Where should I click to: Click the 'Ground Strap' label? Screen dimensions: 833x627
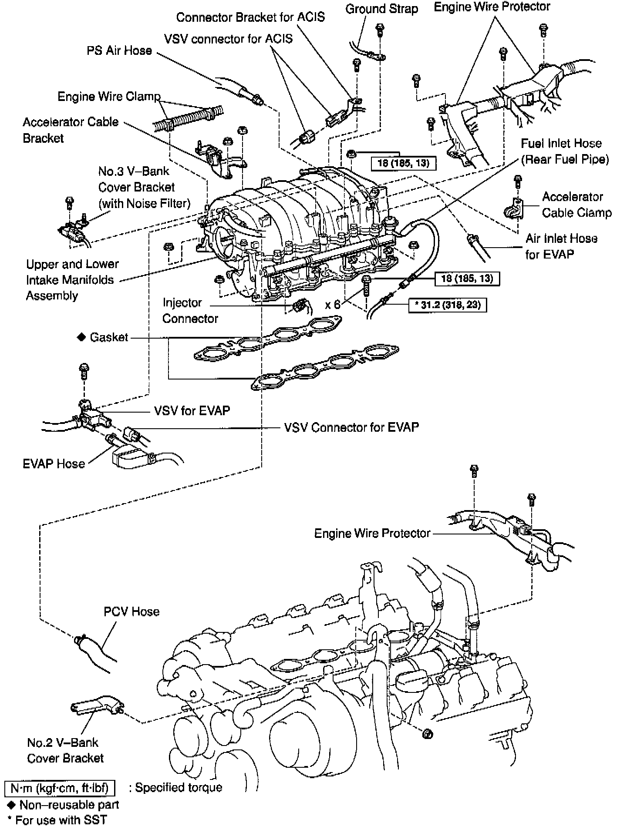pos(381,9)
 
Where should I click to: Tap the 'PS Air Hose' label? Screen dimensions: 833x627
pos(119,50)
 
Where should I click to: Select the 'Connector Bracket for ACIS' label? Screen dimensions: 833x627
pos(250,17)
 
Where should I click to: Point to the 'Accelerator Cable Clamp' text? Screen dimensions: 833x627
pos(576,205)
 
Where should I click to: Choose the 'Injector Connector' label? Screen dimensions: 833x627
pos(190,310)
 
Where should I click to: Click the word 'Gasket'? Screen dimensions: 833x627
pos(109,337)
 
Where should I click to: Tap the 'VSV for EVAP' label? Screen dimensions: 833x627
pos(192,410)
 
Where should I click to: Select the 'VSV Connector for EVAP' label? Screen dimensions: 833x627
pos(351,427)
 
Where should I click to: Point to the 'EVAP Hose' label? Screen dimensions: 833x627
pos(54,464)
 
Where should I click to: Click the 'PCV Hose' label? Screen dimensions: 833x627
pos(131,611)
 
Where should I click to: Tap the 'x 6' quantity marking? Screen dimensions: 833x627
pos(333,304)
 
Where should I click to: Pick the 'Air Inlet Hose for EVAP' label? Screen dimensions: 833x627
pos(561,246)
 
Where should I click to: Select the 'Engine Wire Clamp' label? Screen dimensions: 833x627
pos(109,96)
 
